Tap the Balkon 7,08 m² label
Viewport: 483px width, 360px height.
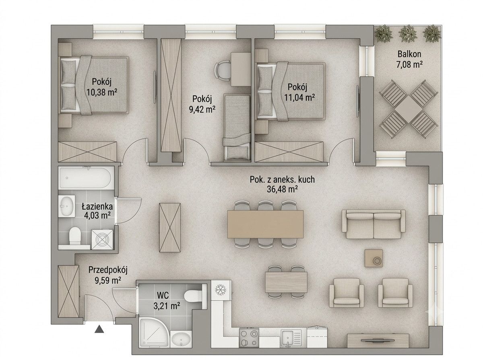tap(409, 59)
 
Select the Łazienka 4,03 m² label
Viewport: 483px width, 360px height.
tap(97, 211)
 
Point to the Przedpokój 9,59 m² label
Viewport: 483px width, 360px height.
tap(108, 275)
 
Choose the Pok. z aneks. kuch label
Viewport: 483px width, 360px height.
tap(282, 179)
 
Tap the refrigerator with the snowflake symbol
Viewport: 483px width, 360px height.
tap(221, 290)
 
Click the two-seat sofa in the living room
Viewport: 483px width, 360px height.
tap(374, 224)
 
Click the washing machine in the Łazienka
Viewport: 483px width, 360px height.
tap(102, 240)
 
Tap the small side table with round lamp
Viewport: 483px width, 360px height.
tap(374, 258)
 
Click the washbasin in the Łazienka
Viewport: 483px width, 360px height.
tap(66, 206)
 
